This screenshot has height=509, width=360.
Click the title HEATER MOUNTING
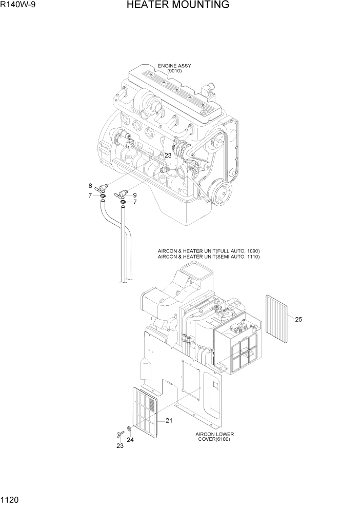(177, 6)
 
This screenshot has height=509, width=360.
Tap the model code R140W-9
(18, 6)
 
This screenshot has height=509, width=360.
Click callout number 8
(90, 186)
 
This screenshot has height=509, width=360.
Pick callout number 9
(134, 195)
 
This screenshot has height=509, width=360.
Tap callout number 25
(298, 320)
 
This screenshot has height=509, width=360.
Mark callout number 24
(130, 440)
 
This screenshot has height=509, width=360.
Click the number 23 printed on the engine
(168, 155)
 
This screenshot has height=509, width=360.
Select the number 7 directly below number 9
(135, 202)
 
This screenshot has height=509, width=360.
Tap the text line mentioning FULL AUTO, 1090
(209, 251)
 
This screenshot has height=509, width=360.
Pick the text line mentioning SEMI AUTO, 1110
(209, 256)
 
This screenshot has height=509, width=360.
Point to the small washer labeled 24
(128, 429)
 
